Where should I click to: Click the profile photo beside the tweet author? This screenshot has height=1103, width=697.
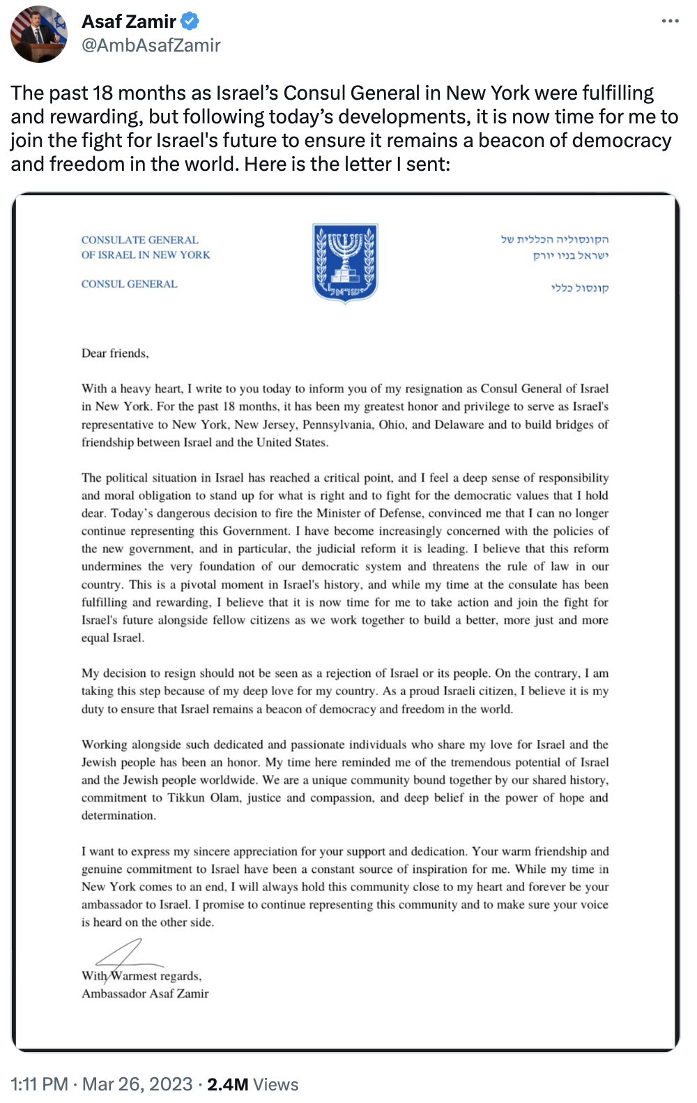point(39,34)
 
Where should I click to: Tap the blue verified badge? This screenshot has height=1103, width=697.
point(190,22)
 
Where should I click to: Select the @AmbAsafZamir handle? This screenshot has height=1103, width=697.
point(151,45)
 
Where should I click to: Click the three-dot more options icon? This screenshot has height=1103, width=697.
point(670,21)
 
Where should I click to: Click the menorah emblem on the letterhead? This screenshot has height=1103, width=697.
point(345,262)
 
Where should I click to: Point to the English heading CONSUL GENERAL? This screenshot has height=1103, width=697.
point(129,284)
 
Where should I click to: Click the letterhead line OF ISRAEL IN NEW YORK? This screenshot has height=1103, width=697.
point(145,255)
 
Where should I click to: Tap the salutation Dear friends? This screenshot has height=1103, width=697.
point(115,353)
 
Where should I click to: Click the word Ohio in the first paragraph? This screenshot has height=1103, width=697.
point(392,425)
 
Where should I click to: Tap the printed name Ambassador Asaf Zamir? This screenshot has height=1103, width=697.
point(145,994)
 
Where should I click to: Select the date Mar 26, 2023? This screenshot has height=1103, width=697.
point(137,1084)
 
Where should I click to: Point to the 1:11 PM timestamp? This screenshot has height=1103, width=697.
point(39,1084)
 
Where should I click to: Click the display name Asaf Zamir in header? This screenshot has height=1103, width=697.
point(129,22)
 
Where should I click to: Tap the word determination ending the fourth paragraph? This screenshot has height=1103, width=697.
point(118,816)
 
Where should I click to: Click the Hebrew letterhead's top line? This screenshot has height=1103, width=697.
point(554,240)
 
